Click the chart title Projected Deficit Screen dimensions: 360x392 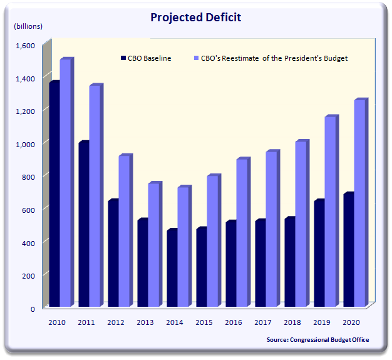tap(195, 17)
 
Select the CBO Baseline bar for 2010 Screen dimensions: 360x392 tap(54, 194)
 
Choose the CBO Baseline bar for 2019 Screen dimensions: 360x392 tap(319, 254)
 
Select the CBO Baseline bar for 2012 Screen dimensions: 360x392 tap(113, 254)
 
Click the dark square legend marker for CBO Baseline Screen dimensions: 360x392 tap(123, 58)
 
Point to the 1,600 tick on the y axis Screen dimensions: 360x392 tap(26, 45)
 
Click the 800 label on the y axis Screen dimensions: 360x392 tap(29, 177)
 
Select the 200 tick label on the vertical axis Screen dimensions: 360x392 tap(29, 275)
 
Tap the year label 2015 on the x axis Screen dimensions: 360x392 tap(205, 322)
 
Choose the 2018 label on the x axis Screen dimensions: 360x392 tap(293, 322)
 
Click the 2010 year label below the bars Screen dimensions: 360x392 tap(58, 322)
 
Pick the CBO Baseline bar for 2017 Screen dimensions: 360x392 tap(260, 263)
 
